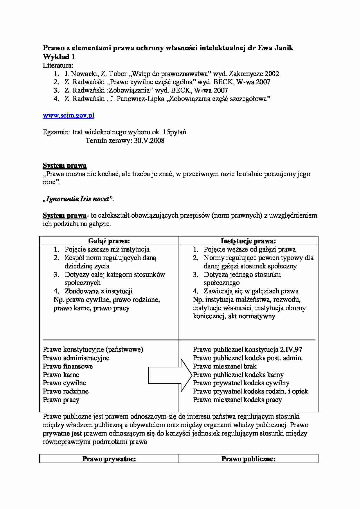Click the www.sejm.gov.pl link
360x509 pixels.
pos(69,115)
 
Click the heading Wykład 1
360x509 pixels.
pos(59,57)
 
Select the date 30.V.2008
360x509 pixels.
pos(149,141)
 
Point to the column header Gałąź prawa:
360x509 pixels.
pos(109,241)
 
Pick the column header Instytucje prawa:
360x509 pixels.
pos(248,241)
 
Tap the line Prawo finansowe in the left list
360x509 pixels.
pos(68,366)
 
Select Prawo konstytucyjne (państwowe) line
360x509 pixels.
pos(93,349)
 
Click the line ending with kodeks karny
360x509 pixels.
pos(238,375)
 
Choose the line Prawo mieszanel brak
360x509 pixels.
pos(225,366)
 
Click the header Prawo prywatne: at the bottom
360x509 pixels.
pos(109,459)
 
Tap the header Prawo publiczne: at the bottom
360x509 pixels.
pos(248,459)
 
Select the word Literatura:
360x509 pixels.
pos(58,65)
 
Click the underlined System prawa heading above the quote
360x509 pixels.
pos(65,166)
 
